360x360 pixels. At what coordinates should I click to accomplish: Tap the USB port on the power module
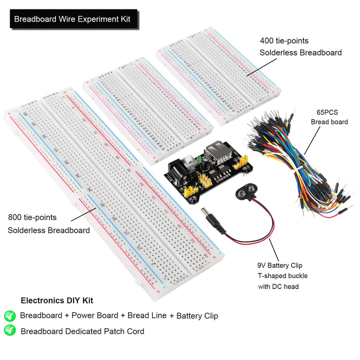218,153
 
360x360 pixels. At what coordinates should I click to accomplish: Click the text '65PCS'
327,112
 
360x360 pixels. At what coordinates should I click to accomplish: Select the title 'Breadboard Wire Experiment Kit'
72,19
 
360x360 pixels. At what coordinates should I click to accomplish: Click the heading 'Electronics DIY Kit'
56,300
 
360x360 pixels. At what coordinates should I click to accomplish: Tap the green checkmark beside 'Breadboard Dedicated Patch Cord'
9,330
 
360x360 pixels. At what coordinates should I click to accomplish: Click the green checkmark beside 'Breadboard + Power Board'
9,315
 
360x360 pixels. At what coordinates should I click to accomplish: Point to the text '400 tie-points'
284,40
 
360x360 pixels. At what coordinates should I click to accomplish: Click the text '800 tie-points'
32,217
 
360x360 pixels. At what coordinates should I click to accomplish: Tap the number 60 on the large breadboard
206,255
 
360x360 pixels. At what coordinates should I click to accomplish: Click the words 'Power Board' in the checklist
95,315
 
